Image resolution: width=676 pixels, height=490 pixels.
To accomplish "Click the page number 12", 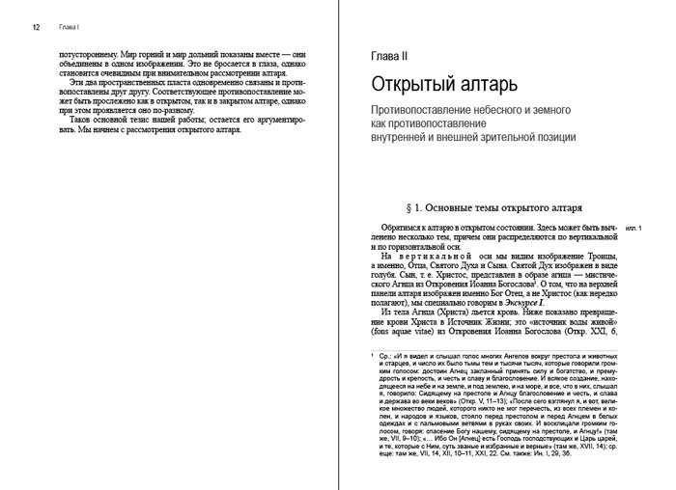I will point(36,28).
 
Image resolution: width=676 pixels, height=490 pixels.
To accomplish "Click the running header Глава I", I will point(63,28).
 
